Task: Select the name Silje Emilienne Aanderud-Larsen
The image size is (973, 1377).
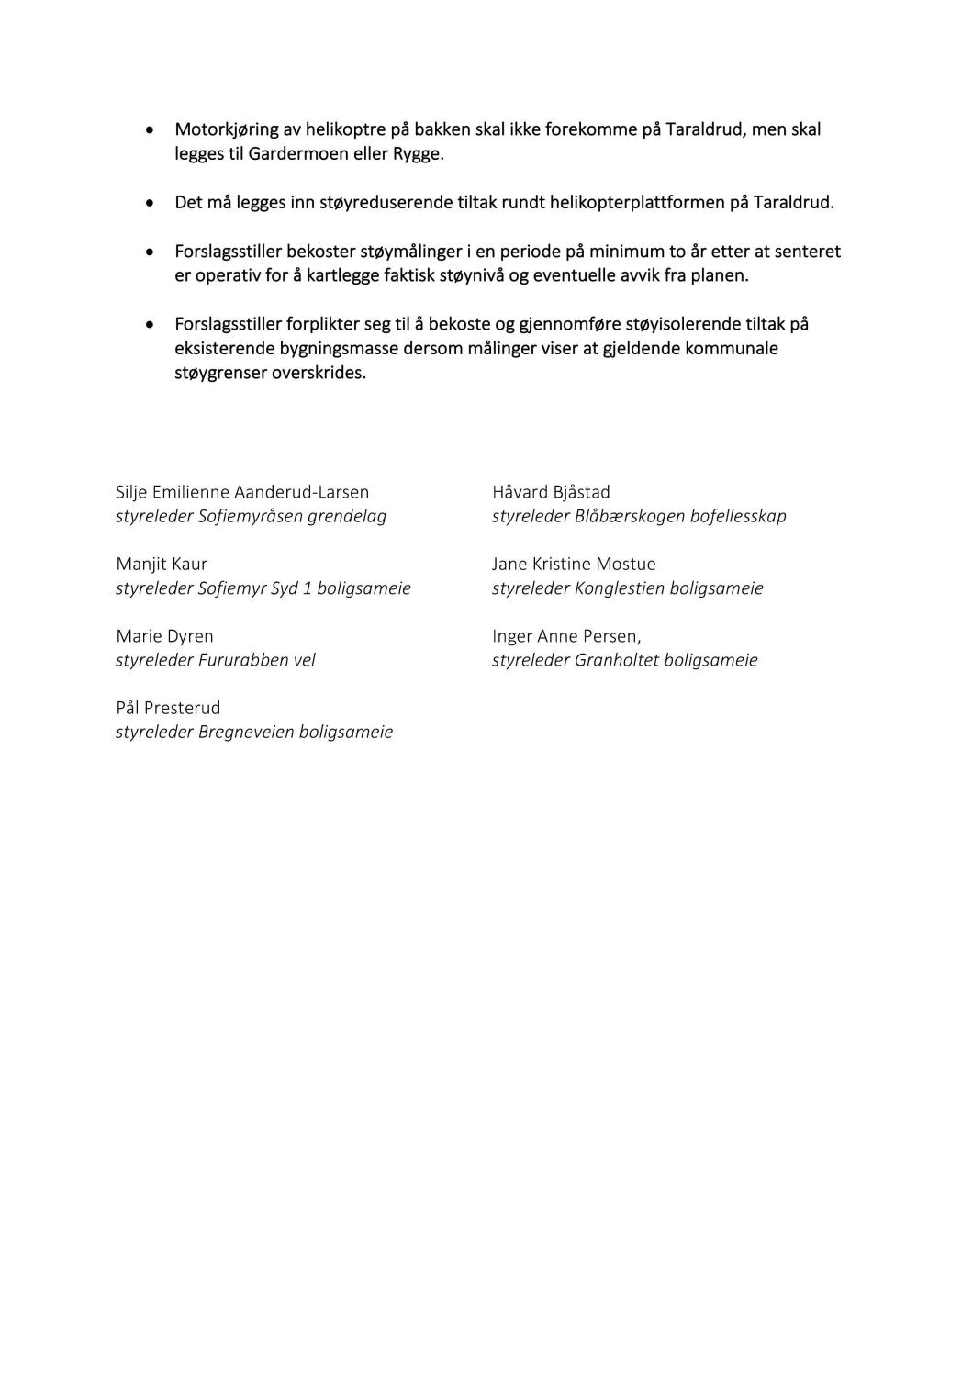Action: click(x=242, y=492)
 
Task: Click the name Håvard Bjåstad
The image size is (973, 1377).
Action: click(x=551, y=492)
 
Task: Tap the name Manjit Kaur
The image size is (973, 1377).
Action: click(x=162, y=564)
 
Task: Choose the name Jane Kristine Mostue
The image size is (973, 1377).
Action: click(x=574, y=564)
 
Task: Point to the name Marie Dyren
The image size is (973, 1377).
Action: click(x=164, y=635)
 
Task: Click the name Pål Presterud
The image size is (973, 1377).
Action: click(x=168, y=708)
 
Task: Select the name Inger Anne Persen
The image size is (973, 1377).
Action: click(x=566, y=635)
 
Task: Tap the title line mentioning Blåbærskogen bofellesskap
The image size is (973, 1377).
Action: click(x=639, y=516)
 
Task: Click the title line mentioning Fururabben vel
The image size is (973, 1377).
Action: click(x=216, y=660)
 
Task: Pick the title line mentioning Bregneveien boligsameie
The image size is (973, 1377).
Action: click(x=254, y=732)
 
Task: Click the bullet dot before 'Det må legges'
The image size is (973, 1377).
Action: click(x=150, y=203)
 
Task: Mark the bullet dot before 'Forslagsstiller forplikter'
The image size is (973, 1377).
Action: click(x=150, y=325)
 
